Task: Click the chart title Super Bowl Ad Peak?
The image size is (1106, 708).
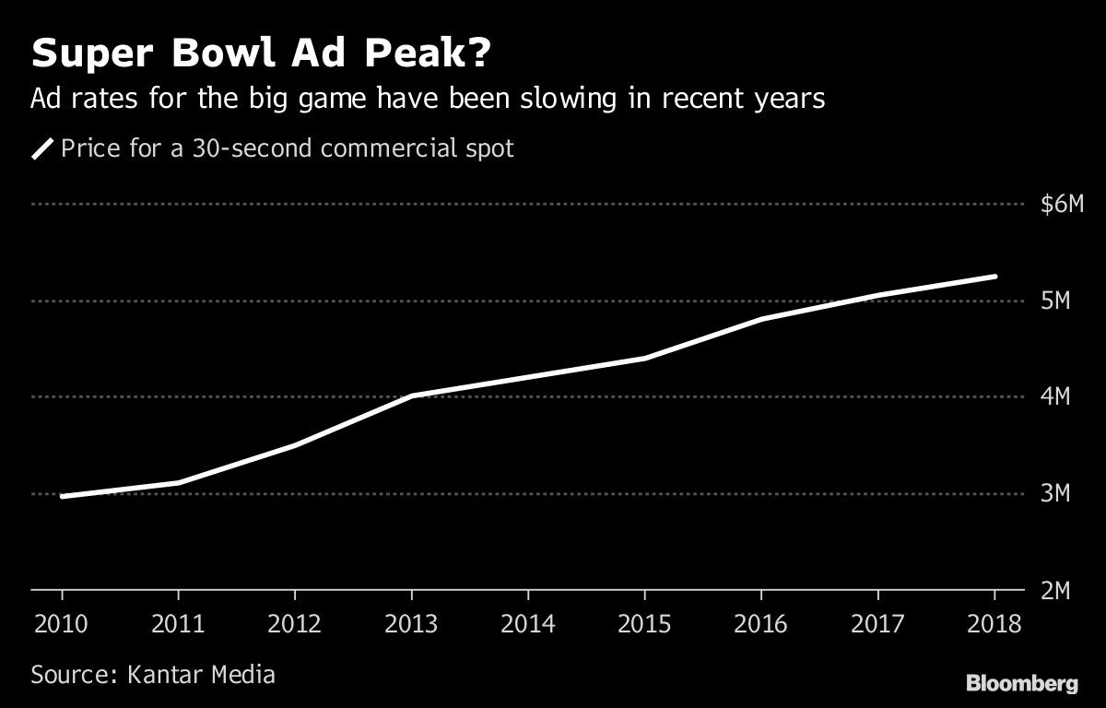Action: (x=260, y=55)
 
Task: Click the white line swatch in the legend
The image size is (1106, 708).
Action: (x=42, y=148)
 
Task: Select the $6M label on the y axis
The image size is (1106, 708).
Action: (x=1061, y=205)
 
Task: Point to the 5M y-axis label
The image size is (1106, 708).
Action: (x=1054, y=301)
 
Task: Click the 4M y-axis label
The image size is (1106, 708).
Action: (x=1054, y=397)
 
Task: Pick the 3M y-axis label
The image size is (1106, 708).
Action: (x=1054, y=494)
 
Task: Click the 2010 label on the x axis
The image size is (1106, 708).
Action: (x=61, y=624)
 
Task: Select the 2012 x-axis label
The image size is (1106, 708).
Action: (x=294, y=624)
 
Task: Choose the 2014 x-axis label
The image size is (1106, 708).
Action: (x=528, y=624)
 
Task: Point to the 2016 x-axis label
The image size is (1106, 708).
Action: (x=761, y=624)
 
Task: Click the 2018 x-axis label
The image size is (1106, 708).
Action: (x=994, y=624)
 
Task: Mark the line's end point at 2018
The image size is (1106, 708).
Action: (x=994, y=277)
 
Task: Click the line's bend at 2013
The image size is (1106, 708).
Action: (x=411, y=396)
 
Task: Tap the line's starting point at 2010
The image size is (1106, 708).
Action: (x=62, y=496)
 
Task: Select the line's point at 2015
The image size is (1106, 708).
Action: (x=644, y=358)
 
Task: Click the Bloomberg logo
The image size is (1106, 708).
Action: (x=1021, y=683)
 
